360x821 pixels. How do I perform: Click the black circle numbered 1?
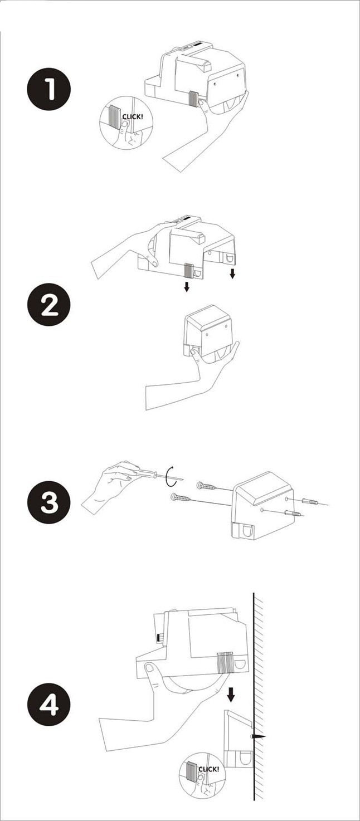[x=48, y=90]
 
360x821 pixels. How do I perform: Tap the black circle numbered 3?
[x=48, y=502]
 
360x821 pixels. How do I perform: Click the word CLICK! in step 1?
[x=132, y=117]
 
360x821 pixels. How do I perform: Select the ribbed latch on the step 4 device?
[x=225, y=663]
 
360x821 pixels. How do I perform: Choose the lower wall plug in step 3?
[x=295, y=513]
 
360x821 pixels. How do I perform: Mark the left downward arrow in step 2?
[x=187, y=287]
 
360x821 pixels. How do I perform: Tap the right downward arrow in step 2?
[x=232, y=273]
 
